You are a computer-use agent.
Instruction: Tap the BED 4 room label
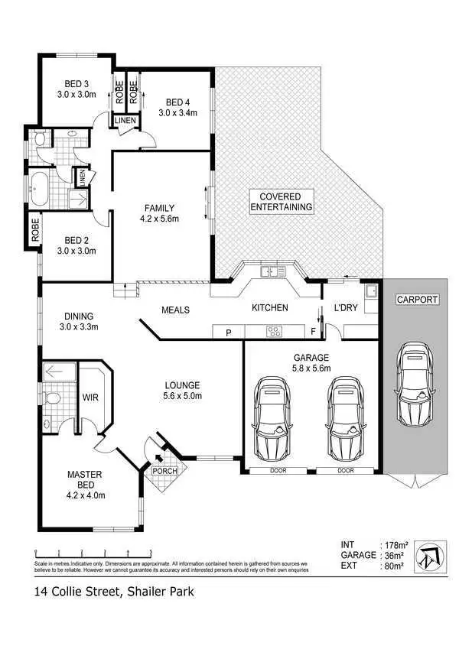click(x=177, y=107)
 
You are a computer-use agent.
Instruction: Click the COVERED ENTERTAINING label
click(x=281, y=202)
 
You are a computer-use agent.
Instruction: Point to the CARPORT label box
click(x=417, y=300)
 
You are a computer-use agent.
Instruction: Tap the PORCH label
click(x=164, y=471)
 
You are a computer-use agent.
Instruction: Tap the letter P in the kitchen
click(x=228, y=333)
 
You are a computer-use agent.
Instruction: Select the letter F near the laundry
click(x=314, y=333)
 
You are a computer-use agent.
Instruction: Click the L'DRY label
click(x=347, y=308)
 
